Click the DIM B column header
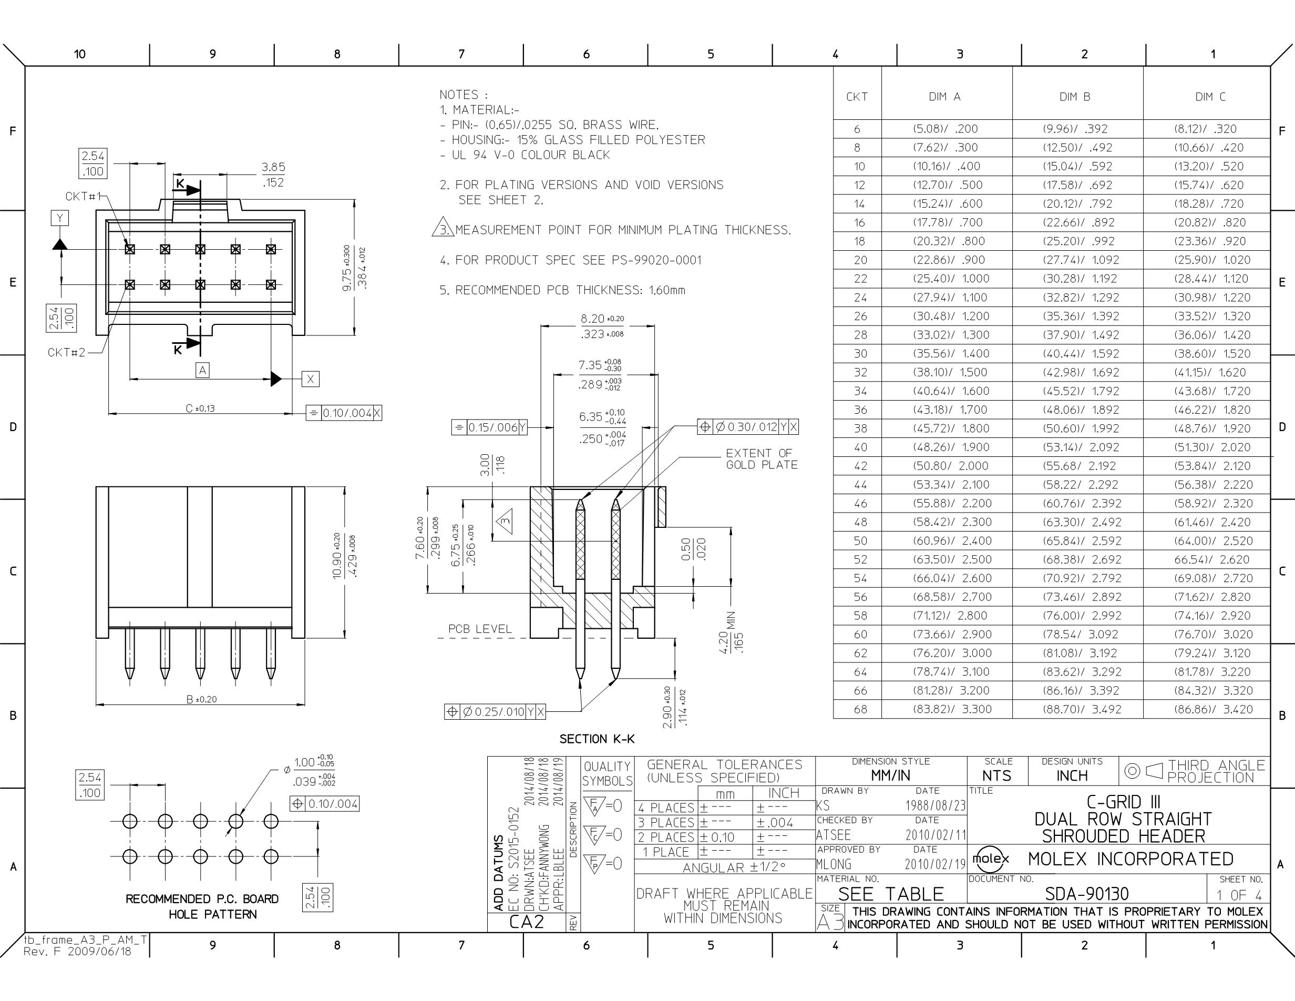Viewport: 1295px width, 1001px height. [x=1074, y=97]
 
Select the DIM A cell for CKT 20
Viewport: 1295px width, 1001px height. [x=949, y=260]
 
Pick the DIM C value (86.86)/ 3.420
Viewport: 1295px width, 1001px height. [x=1213, y=709]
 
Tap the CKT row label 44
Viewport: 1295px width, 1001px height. [x=860, y=485]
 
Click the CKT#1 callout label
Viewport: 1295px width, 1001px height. [x=84, y=196]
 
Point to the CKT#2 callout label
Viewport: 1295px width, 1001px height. [x=66, y=352]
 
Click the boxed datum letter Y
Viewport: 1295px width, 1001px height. [x=59, y=218]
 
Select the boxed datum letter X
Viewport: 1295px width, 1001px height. [x=310, y=379]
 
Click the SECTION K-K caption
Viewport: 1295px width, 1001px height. [x=597, y=739]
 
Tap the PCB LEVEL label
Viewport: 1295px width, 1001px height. [x=480, y=629]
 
